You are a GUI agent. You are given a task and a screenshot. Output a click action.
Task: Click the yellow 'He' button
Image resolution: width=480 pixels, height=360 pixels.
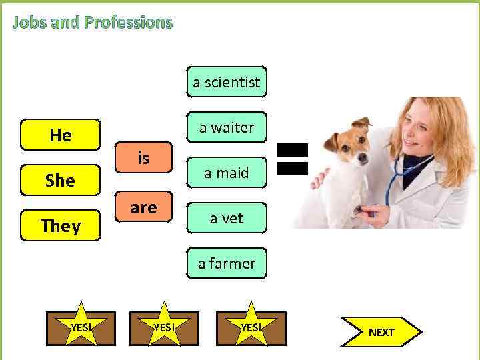61,135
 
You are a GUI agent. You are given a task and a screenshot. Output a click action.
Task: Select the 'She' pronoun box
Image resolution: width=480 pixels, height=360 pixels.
61,181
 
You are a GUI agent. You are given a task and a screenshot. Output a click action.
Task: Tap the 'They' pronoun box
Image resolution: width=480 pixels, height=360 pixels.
61,226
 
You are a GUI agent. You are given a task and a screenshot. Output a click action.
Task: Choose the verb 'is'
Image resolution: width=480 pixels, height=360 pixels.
143,158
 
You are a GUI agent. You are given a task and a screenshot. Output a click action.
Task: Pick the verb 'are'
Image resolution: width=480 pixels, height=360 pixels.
143,207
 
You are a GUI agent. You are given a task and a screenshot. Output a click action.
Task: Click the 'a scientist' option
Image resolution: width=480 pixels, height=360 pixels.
227,83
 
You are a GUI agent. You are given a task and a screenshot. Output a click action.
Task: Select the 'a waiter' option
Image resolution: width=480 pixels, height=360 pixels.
227,127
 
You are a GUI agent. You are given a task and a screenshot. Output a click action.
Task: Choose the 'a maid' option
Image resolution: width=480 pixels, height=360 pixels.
227,173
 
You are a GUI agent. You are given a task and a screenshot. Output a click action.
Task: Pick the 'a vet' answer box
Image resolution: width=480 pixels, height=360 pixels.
227,218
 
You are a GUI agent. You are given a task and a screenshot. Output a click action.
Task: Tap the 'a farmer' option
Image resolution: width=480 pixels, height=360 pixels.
227,263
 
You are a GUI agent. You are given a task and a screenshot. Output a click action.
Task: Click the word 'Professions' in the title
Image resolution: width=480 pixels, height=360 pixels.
129,23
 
